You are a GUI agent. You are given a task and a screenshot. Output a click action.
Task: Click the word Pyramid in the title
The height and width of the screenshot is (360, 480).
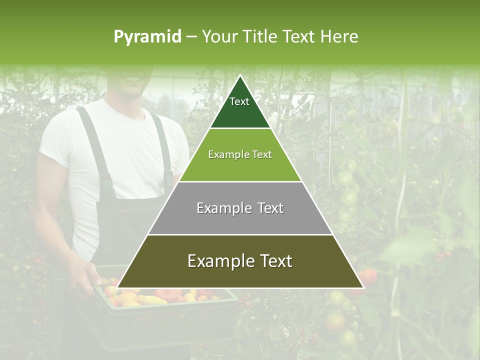pyautogui.click(x=147, y=37)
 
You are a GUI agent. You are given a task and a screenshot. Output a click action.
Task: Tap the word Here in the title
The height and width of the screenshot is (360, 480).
pyautogui.click(x=339, y=36)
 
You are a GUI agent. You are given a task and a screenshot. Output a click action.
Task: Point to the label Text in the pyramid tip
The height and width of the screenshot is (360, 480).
pyautogui.click(x=239, y=101)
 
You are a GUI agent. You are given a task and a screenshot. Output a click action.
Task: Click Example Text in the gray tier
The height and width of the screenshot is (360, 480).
pyautogui.click(x=240, y=208)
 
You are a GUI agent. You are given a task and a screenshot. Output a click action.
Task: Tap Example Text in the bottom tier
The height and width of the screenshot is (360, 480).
pyautogui.click(x=240, y=261)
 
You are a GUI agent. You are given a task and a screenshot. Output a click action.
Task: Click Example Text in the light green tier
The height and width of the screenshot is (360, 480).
pyautogui.click(x=240, y=154)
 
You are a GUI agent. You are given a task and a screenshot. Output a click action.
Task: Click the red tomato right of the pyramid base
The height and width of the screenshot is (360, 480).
pyautogui.click(x=368, y=276)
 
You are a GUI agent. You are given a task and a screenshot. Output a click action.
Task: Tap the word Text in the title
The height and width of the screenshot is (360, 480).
pyautogui.click(x=299, y=36)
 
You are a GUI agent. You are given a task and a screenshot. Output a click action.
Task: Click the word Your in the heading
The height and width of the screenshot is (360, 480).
pyautogui.click(x=220, y=36)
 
